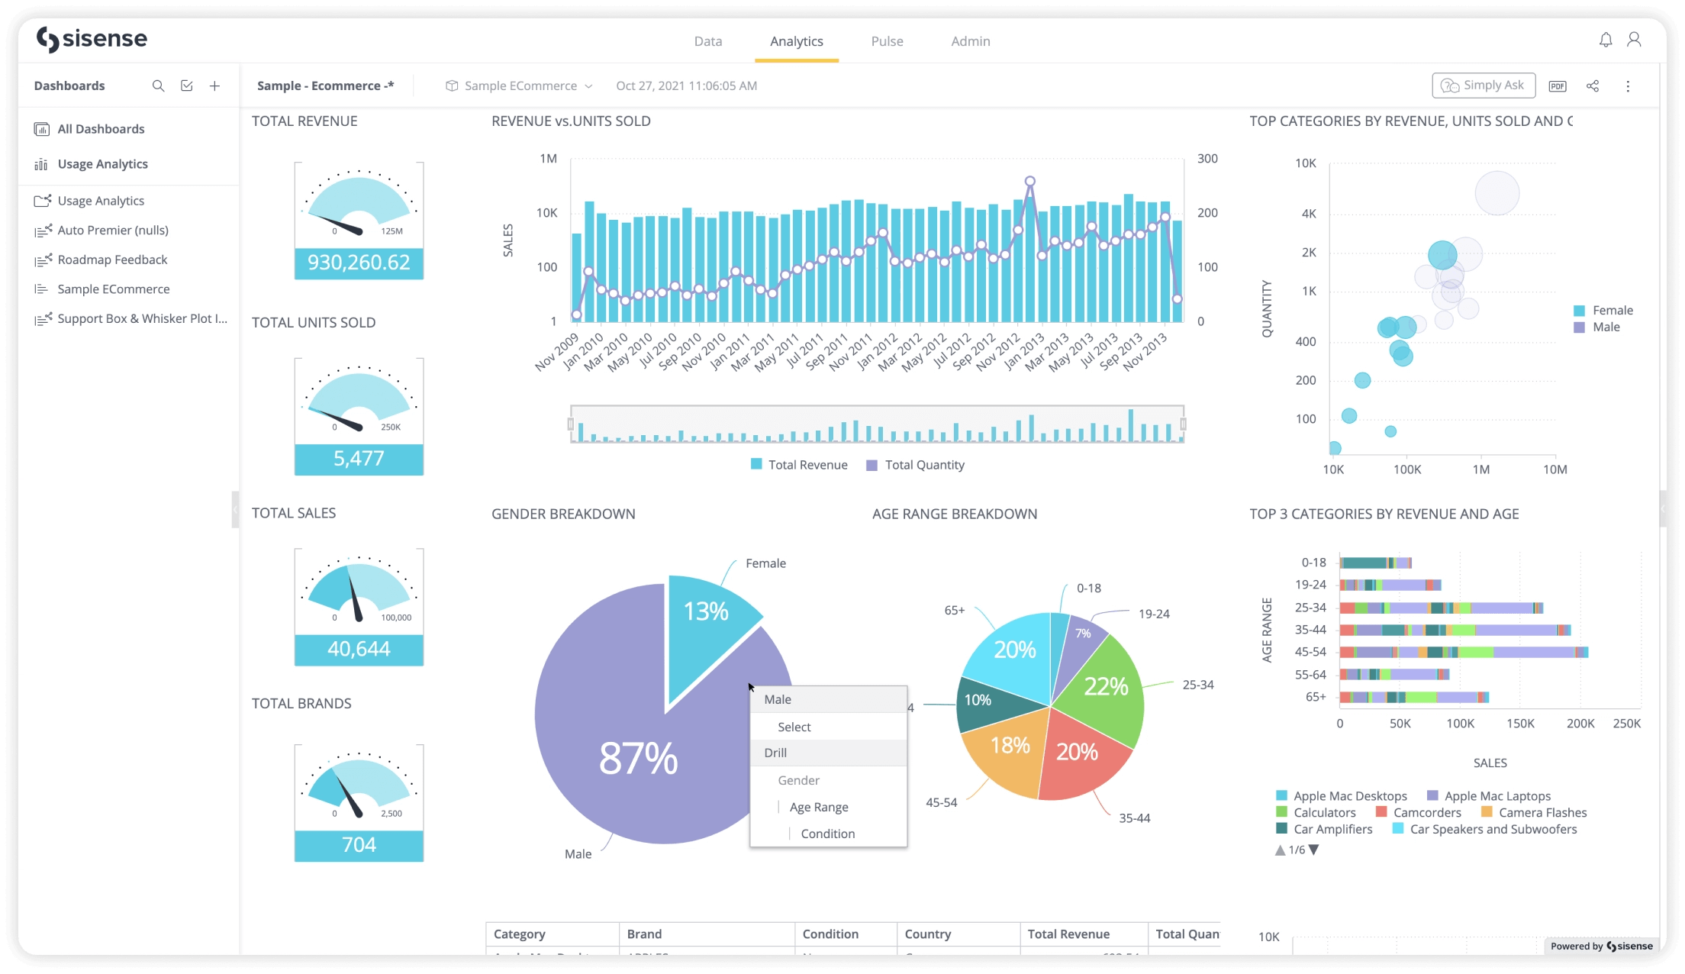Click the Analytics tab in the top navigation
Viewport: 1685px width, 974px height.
pyautogui.click(x=796, y=41)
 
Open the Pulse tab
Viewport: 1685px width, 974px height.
pyautogui.click(x=887, y=41)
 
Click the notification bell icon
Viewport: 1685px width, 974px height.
pyautogui.click(x=1606, y=40)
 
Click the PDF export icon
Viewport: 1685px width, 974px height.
pyautogui.click(x=1558, y=86)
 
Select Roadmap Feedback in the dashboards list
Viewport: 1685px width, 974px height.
pyautogui.click(x=112, y=260)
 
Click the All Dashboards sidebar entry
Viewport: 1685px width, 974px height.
pyautogui.click(x=101, y=129)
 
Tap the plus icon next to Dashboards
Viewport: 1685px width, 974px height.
pyautogui.click(x=215, y=86)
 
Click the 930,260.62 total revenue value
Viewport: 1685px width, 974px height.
pyautogui.click(x=359, y=263)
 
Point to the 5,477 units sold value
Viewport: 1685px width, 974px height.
pyautogui.click(x=359, y=458)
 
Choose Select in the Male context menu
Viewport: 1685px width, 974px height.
pyautogui.click(x=794, y=727)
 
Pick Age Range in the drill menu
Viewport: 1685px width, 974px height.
pyautogui.click(x=818, y=807)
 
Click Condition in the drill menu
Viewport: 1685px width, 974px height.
pyautogui.click(x=827, y=834)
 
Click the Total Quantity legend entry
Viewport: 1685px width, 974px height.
pyautogui.click(x=924, y=465)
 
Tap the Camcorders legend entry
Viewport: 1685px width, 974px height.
pyautogui.click(x=1426, y=812)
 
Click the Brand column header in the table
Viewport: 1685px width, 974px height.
pyautogui.click(x=644, y=934)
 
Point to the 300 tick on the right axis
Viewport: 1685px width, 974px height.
pyautogui.click(x=1207, y=159)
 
